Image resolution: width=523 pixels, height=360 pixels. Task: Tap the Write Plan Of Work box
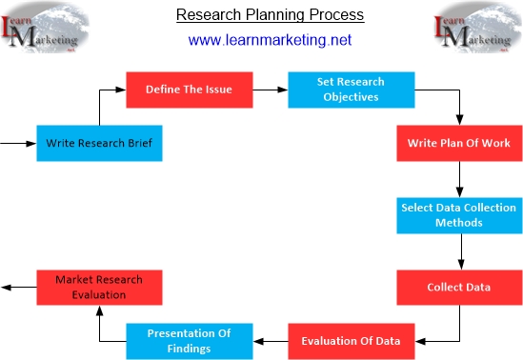tap(458, 144)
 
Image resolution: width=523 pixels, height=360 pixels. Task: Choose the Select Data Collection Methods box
tap(458, 215)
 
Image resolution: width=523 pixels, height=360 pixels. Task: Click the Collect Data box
tap(458, 287)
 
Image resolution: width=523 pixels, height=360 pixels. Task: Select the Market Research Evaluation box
tap(99, 287)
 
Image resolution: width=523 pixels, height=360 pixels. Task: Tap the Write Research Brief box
tap(99, 144)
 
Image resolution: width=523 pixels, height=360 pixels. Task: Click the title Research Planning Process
tap(271, 16)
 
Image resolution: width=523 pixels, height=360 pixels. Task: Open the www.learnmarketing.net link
tap(270, 40)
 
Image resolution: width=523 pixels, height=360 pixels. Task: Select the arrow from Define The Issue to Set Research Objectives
tap(274, 90)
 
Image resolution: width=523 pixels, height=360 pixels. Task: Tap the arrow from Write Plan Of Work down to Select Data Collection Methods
tap(458, 179)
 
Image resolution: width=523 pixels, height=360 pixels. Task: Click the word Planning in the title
tap(272, 16)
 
